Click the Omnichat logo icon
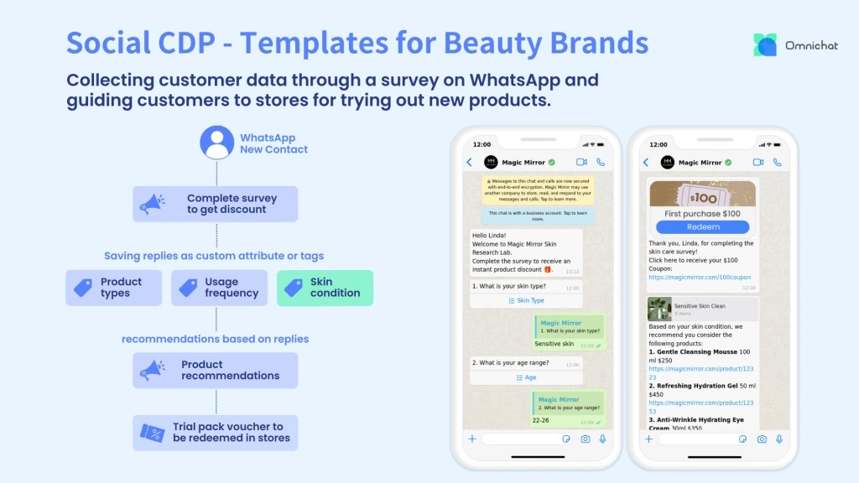pos(765,44)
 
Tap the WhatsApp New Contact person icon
pos(216,143)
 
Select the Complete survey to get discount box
pos(216,204)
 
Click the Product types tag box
pos(113,288)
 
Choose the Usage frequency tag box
pos(220,288)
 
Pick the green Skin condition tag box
pos(325,288)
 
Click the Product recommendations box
pos(216,370)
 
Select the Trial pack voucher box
pos(216,432)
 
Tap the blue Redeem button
pos(703,226)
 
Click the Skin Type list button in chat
pos(526,300)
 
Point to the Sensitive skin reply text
pos(554,344)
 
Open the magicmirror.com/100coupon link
pos(700,277)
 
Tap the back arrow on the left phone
pos(469,162)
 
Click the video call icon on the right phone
pos(758,162)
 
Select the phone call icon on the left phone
pos(601,162)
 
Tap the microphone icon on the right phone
pos(779,439)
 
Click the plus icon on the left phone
pos(471,439)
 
